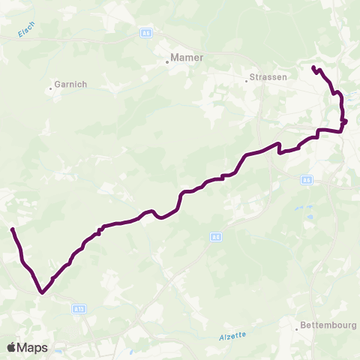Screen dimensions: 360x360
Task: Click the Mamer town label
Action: pyautogui.click(x=187, y=56)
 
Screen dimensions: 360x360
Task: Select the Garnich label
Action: pyautogui.click(x=71, y=85)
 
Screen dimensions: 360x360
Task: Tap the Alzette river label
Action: pyautogui.click(x=233, y=335)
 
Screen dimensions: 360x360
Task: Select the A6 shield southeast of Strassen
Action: pyautogui.click(x=306, y=179)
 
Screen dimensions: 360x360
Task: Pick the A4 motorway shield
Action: pyautogui.click(x=216, y=237)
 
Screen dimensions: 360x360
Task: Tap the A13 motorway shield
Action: pyautogui.click(x=79, y=308)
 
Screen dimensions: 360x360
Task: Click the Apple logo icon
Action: pyautogui.click(x=12, y=347)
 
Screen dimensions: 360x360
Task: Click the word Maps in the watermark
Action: pyautogui.click(x=33, y=347)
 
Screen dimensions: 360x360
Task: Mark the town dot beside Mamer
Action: pyautogui.click(x=167, y=62)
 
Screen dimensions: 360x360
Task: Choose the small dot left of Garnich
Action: pyautogui.click(x=51, y=88)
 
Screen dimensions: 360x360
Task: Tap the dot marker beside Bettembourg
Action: pyautogui.click(x=298, y=325)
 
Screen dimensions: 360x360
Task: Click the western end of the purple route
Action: pyautogui.click(x=13, y=229)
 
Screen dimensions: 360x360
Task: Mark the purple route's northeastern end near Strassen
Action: pyautogui.click(x=313, y=68)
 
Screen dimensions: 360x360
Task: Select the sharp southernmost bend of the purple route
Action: pyautogui.click(x=42, y=293)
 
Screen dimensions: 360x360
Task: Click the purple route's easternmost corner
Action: pyautogui.click(x=346, y=121)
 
